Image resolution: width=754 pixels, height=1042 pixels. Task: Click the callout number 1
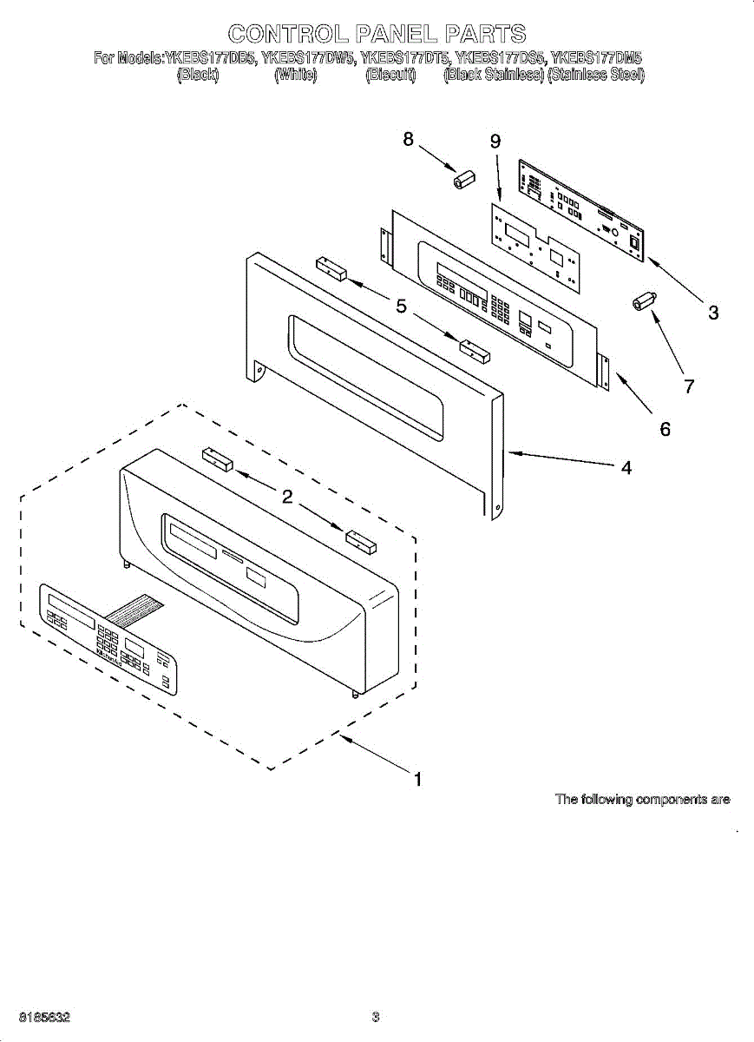coord(417,780)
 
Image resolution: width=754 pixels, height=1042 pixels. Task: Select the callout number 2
coord(285,497)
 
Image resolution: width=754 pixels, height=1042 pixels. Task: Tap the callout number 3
coord(712,313)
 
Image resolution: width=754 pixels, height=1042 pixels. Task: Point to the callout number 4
coord(626,468)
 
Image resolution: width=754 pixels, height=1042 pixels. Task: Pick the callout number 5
coord(401,306)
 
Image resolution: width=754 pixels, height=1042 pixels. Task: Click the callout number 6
coord(665,428)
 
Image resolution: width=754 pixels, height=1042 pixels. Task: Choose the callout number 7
coord(689,386)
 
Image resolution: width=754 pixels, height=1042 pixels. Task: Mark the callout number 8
coord(408,139)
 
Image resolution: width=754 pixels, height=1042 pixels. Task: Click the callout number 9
coord(495,142)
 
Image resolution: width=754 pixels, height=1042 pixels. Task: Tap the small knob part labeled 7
coord(643,303)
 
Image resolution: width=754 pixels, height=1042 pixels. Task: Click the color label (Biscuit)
coord(390,76)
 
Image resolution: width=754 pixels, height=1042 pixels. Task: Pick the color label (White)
coord(295,76)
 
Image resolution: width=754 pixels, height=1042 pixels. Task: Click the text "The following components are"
coord(642,800)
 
